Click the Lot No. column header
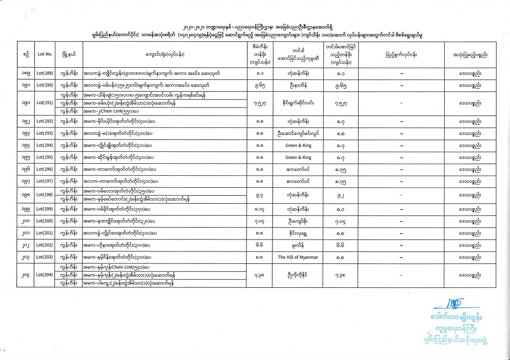45,53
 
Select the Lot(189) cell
45,74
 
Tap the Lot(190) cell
45,85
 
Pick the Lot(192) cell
45,121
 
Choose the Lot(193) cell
45,133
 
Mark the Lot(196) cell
45,169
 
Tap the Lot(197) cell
45,181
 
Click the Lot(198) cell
45,195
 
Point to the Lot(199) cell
45,209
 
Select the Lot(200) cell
45,221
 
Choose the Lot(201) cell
45,233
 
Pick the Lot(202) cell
45,245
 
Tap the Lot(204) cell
45,275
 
